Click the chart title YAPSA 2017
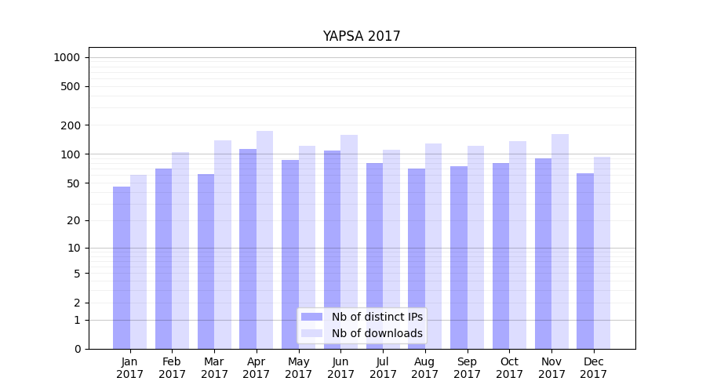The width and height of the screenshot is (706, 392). point(361,37)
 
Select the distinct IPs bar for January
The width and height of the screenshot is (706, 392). point(122,267)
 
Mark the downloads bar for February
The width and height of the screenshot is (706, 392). point(180,250)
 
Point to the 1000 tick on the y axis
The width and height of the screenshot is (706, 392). point(67,57)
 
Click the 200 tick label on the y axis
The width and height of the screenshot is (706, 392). point(71,125)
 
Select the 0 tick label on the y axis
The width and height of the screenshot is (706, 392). point(77,349)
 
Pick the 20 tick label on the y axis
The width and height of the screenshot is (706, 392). point(74,220)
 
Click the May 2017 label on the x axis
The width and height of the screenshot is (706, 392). point(298,368)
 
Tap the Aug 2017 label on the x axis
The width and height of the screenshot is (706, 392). point(425,368)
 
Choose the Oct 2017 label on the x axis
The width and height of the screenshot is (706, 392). point(509,368)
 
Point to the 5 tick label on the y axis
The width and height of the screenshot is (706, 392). point(77,274)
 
